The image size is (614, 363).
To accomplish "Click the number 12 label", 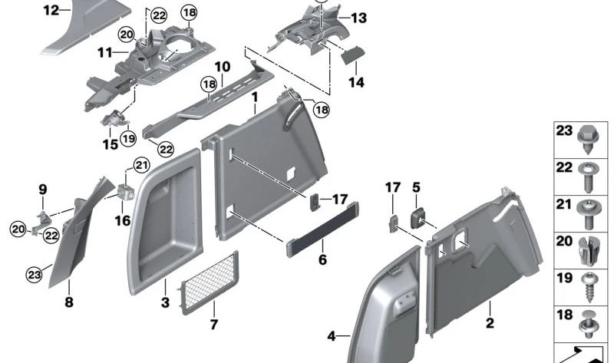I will (x=51, y=10).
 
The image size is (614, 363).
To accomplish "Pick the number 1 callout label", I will (x=253, y=97).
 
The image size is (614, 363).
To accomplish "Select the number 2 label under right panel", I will (x=490, y=324).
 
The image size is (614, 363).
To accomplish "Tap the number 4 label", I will (x=332, y=336).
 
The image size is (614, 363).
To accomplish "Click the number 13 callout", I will (x=359, y=17).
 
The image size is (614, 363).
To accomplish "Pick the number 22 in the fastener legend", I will (x=565, y=167).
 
